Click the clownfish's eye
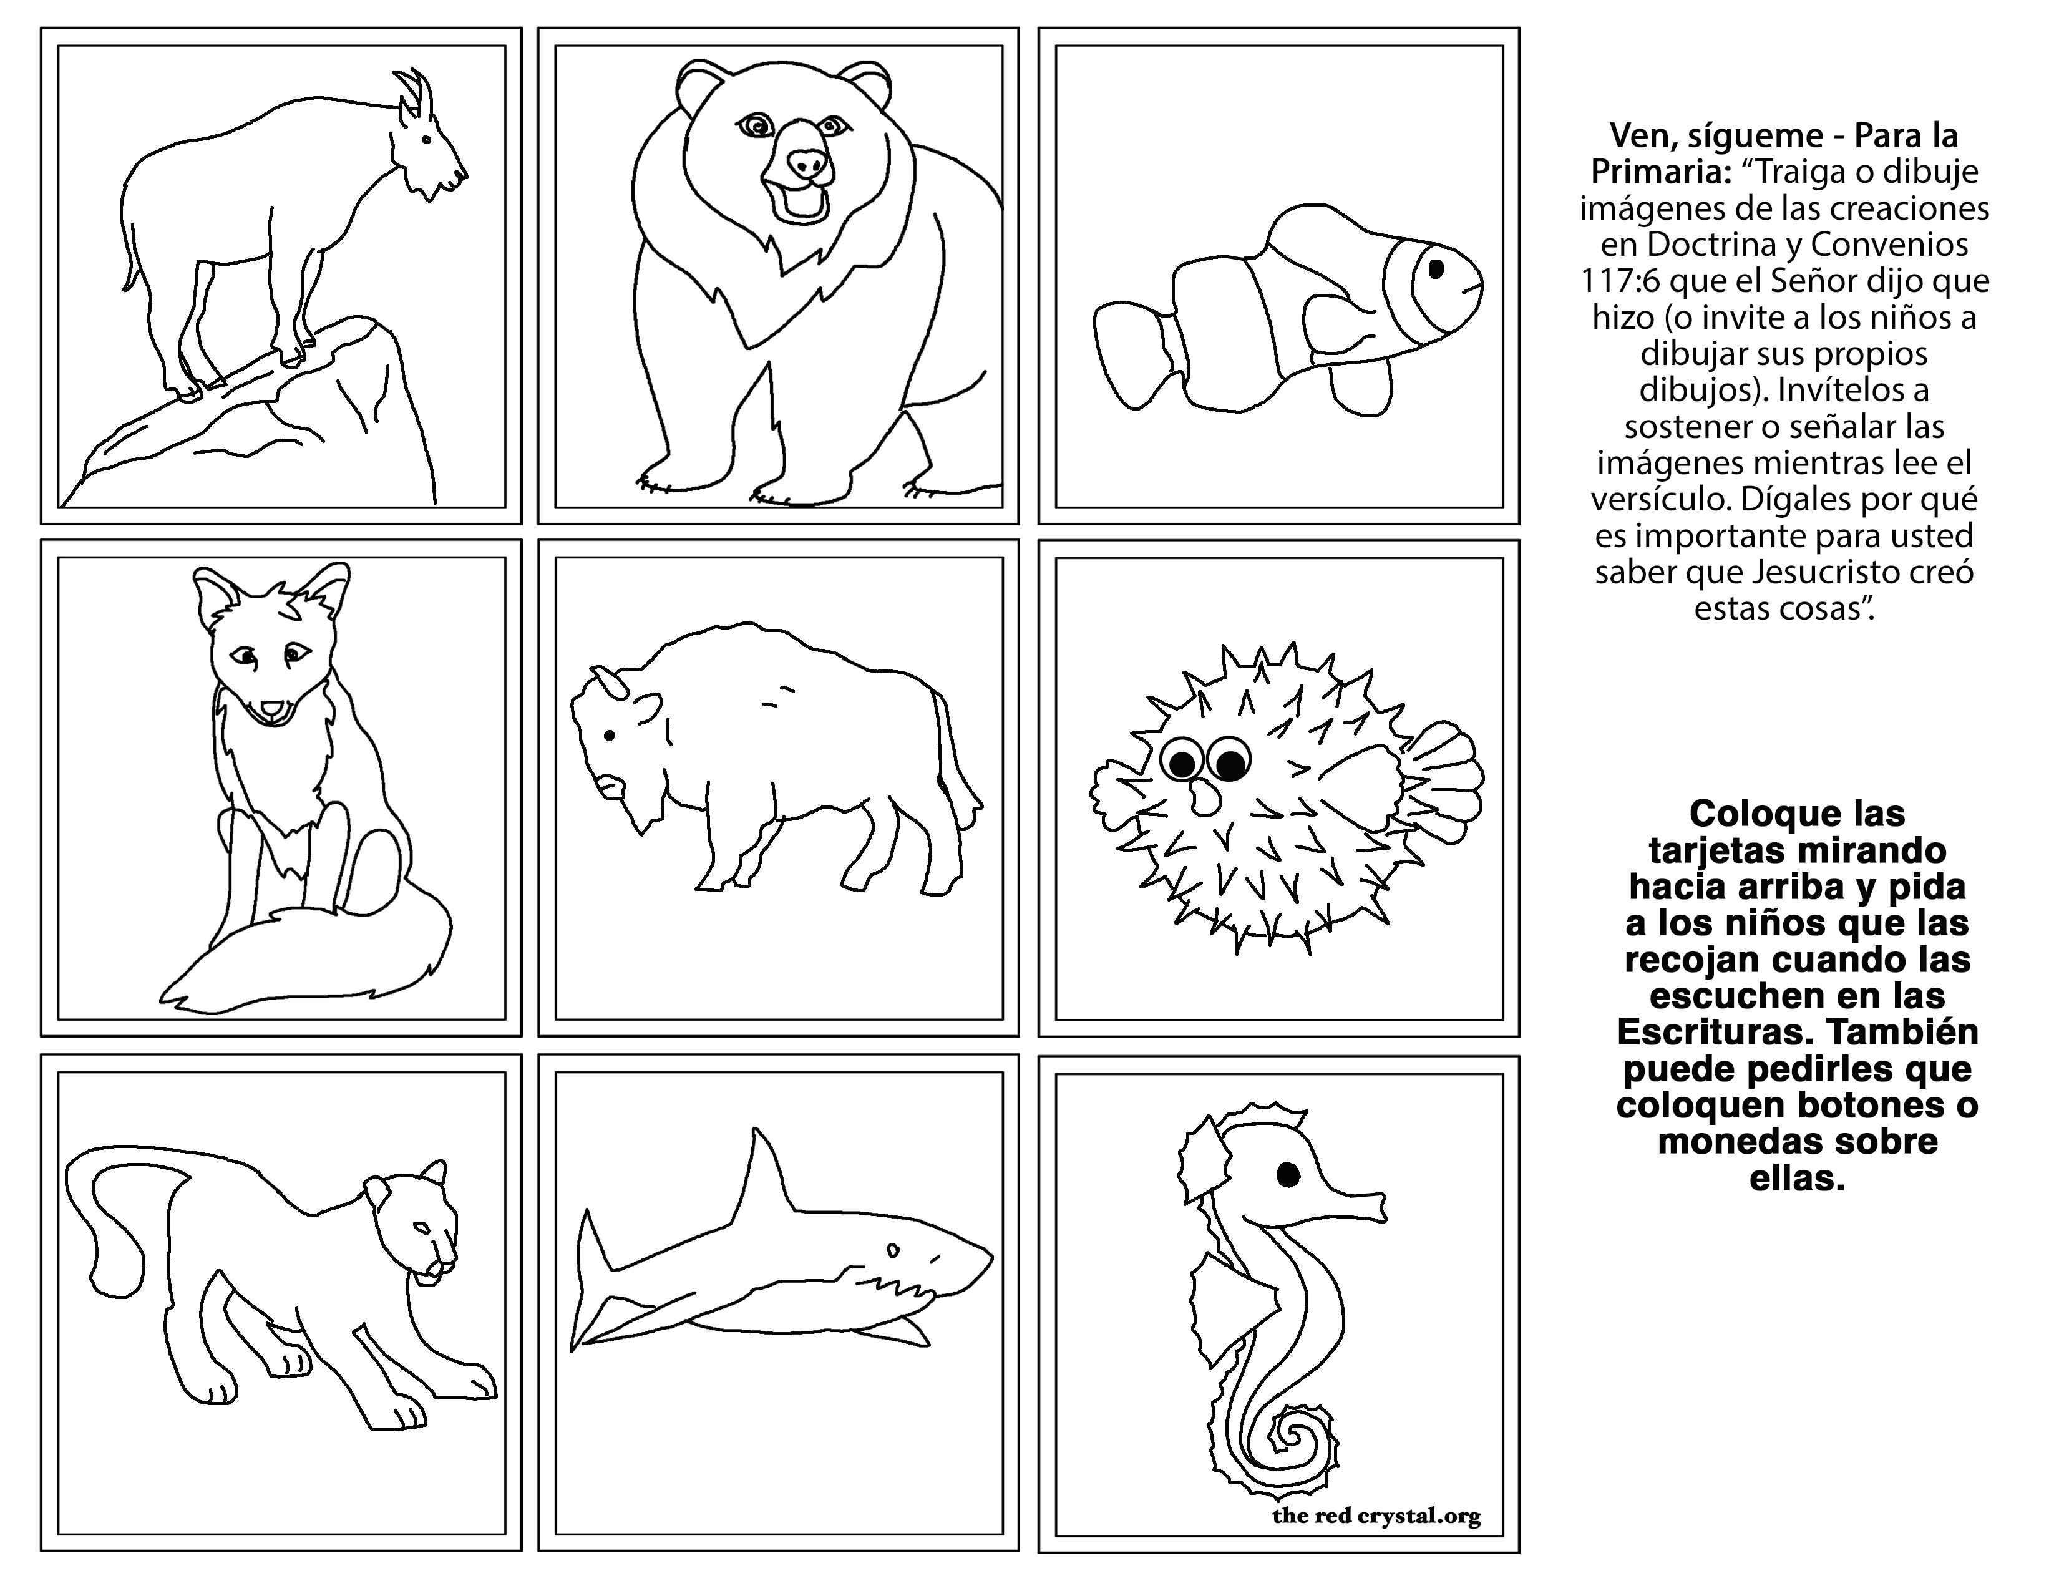[1436, 269]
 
